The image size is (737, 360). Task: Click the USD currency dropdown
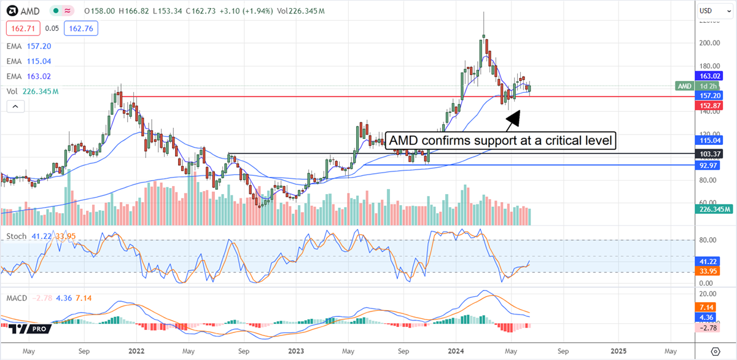pyautogui.click(x=712, y=11)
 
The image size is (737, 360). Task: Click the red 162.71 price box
pyautogui.click(x=23, y=28)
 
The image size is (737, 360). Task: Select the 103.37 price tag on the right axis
pyautogui.click(x=713, y=153)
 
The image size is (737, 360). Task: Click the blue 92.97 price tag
pyautogui.click(x=713, y=165)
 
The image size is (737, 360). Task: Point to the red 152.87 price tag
pyautogui.click(x=713, y=105)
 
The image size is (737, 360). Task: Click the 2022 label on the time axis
pyautogui.click(x=136, y=351)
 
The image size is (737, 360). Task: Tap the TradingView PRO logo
pyautogui.click(x=29, y=329)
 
